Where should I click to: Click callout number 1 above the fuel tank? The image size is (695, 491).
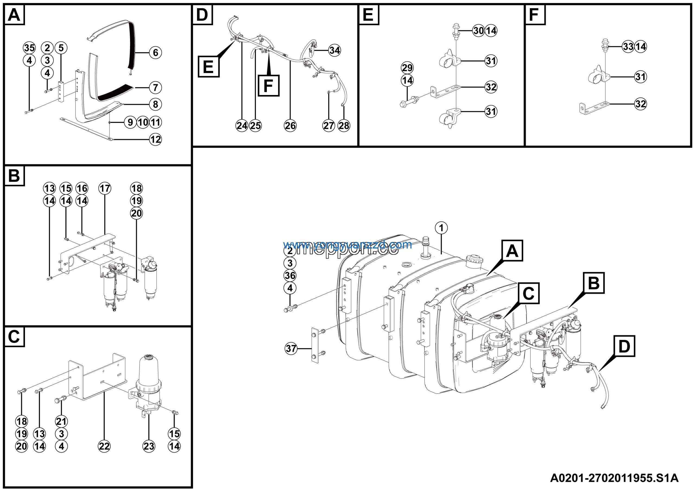441,228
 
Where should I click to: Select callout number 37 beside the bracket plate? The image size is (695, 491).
291,348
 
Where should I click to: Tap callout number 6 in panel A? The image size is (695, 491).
155,53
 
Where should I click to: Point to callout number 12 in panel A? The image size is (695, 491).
155,140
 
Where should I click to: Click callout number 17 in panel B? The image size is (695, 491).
105,188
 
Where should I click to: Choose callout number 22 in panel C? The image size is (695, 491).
104,446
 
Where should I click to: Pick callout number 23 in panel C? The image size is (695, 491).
149,446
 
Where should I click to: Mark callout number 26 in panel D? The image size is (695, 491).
290,126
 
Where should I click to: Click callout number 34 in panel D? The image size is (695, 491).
334,50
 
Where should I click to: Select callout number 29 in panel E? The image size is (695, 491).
407,68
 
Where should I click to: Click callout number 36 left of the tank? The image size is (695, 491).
290,275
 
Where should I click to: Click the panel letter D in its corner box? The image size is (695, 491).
202,15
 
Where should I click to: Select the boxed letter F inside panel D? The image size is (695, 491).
268,86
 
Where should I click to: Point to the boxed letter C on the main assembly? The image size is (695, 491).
529,293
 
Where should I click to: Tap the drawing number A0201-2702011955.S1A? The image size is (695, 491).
614,478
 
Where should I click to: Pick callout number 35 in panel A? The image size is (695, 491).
29,48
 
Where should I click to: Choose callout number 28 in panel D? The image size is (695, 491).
344,126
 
